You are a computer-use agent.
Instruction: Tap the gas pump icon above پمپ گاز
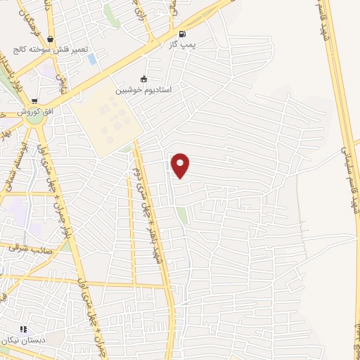[x=184, y=33]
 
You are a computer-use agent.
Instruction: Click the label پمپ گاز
[x=181, y=44]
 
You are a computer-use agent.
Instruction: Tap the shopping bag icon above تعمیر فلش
[x=50, y=39]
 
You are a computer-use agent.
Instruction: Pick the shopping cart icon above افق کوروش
[x=34, y=101]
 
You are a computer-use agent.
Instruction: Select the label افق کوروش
[x=35, y=112]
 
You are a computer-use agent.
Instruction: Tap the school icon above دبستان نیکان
[x=23, y=328]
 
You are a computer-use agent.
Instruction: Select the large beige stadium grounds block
[x=107, y=120]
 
